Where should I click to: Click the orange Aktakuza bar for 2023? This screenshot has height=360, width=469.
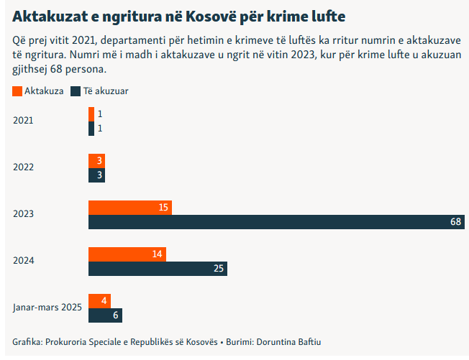coord(129,207)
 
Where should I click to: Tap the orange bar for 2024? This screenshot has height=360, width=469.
coord(127,254)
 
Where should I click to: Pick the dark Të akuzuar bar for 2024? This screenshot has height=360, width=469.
coord(158,269)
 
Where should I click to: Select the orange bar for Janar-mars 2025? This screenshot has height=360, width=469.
coord(99,300)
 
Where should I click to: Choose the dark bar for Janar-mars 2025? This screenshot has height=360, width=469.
coord(105,315)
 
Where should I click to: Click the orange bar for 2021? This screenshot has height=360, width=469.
coord(91,114)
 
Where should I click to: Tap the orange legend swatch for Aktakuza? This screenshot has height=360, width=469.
coord(17,91)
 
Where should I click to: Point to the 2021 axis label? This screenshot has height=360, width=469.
coord(23,121)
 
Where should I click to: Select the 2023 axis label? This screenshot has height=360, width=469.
coord(23,214)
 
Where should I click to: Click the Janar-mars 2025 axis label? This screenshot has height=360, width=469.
coord(47,308)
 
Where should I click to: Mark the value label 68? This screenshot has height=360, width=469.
coord(455,222)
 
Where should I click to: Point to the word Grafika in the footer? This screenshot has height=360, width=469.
coord(27,341)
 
